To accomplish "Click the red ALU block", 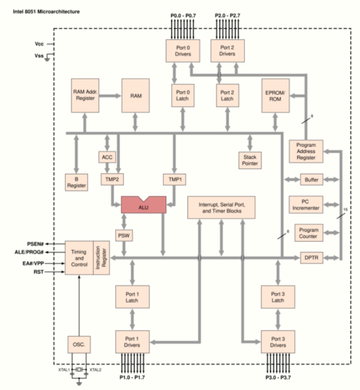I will pyautogui.click(x=143, y=206).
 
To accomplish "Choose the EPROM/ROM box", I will pyautogui.click(x=277, y=95).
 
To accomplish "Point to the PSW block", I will pyautogui.click(x=124, y=235).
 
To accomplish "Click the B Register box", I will pyautogui.click(x=76, y=182).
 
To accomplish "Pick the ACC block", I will pyautogui.click(x=107, y=157).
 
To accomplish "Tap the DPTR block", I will pyautogui.click(x=309, y=257).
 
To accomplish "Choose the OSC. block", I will pyautogui.click(x=79, y=344).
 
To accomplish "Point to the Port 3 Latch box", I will pyautogui.click(x=277, y=297).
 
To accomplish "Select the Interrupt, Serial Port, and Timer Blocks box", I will pyautogui.click(x=222, y=207).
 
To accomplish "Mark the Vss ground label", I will pyautogui.click(x=38, y=56).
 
